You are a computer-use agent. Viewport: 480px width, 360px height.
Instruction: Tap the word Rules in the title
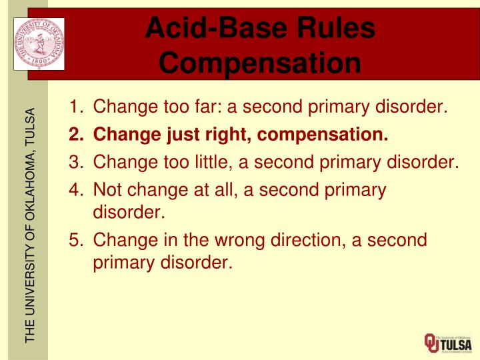click(x=334, y=28)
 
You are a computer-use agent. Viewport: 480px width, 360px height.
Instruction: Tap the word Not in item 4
click(x=108, y=190)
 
